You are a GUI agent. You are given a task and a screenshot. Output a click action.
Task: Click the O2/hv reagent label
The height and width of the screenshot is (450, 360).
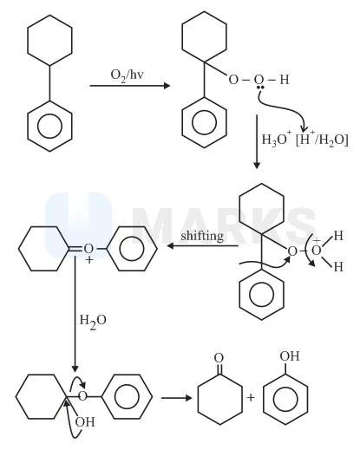click(x=127, y=75)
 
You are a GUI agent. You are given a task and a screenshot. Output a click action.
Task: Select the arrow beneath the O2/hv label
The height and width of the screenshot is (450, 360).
click(x=130, y=86)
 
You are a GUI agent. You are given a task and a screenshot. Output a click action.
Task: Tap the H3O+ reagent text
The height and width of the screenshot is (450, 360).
click(x=274, y=140)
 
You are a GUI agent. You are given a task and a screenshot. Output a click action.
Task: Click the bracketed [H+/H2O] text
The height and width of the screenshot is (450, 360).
click(x=322, y=140)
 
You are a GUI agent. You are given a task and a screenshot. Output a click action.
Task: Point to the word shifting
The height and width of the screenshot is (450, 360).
click(x=202, y=237)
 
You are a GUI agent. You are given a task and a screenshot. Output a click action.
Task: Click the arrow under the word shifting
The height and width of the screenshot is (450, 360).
click(x=202, y=246)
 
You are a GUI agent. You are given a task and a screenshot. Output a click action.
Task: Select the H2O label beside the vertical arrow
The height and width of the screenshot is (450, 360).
click(x=93, y=321)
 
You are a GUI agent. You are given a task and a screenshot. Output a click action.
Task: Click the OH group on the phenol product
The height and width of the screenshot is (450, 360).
click(x=290, y=355)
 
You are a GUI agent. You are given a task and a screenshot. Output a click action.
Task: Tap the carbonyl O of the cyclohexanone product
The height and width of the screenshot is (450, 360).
click(x=219, y=358)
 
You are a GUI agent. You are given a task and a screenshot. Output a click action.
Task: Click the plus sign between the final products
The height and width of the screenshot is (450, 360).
click(x=251, y=397)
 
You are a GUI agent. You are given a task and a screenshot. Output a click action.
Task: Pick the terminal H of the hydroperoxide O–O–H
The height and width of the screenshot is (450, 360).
click(x=285, y=80)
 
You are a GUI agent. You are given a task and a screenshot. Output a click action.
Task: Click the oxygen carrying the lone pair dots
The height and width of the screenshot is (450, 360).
click(x=259, y=80)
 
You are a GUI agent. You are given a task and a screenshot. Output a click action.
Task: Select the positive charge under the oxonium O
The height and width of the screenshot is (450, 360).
click(x=89, y=260)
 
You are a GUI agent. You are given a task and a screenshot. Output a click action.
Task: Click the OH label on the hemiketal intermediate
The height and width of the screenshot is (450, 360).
click(x=85, y=422)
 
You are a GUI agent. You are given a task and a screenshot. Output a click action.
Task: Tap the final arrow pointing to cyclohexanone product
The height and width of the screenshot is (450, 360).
click(x=176, y=398)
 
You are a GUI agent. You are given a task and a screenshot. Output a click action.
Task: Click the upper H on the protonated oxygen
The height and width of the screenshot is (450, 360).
click(x=338, y=236)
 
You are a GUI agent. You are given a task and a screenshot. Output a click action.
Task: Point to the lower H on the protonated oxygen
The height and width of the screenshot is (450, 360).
click(x=338, y=267)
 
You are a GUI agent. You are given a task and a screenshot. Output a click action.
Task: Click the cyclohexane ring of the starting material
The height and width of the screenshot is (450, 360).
click(x=49, y=40)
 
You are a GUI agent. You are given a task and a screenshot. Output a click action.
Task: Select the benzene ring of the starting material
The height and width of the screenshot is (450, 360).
click(x=49, y=126)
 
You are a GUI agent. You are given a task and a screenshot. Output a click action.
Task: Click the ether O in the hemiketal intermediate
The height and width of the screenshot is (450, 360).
click(x=82, y=395)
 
